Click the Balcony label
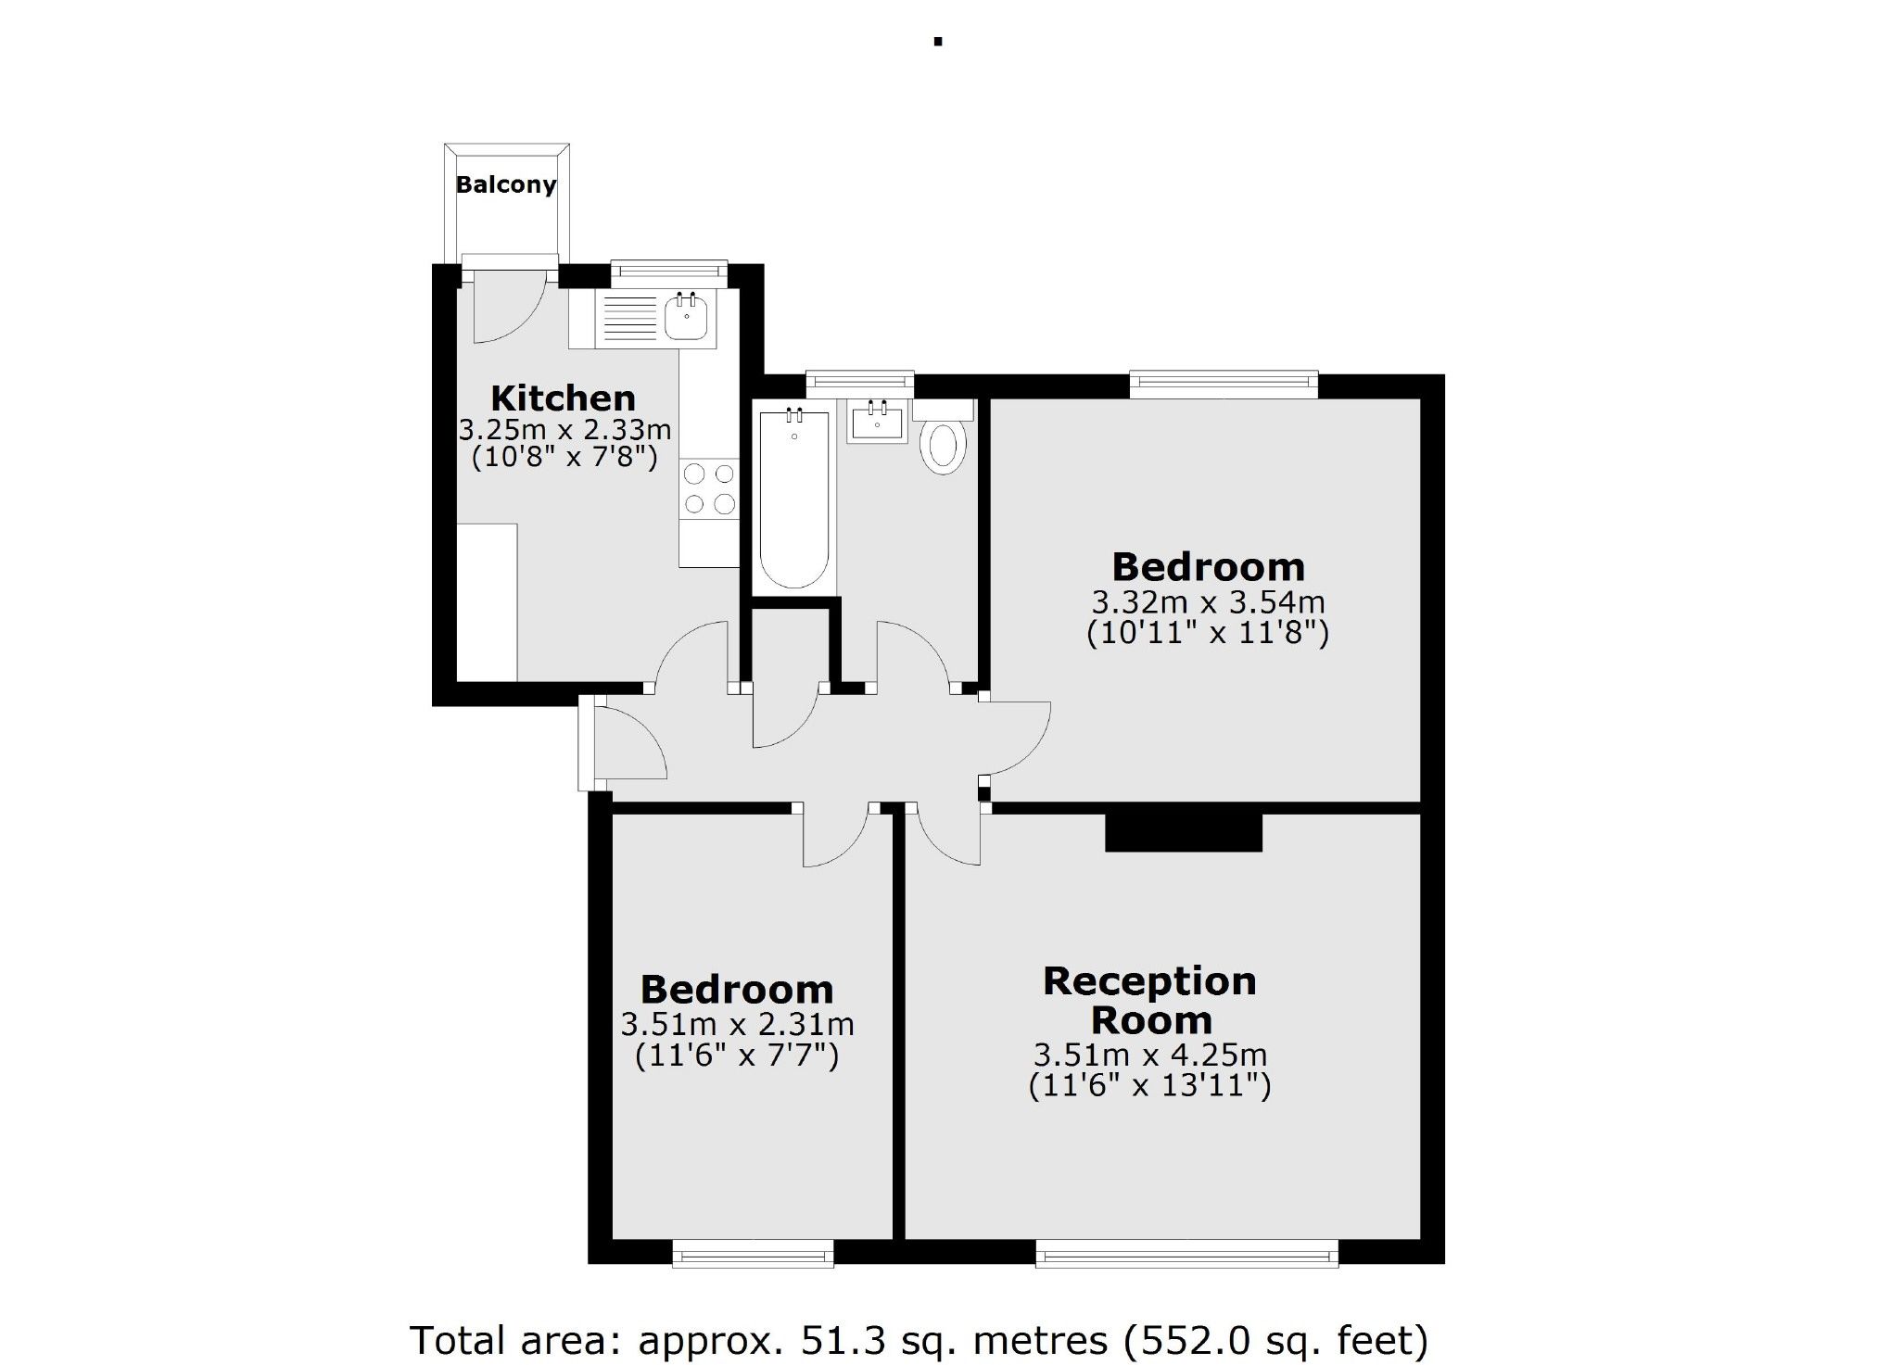[x=505, y=184]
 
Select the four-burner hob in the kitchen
[x=709, y=488]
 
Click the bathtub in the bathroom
[x=794, y=500]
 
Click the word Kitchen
[x=563, y=398]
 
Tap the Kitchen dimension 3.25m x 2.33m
[x=564, y=430]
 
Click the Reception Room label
[x=1150, y=1000]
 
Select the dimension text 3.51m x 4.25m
[x=1150, y=1055]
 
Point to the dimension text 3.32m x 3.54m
[x=1208, y=602]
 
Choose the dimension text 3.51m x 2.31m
[x=737, y=1025]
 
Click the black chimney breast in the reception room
[x=1184, y=831]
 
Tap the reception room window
[x=1186, y=1256]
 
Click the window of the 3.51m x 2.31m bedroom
[x=753, y=1256]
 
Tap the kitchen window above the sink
[x=668, y=270]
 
